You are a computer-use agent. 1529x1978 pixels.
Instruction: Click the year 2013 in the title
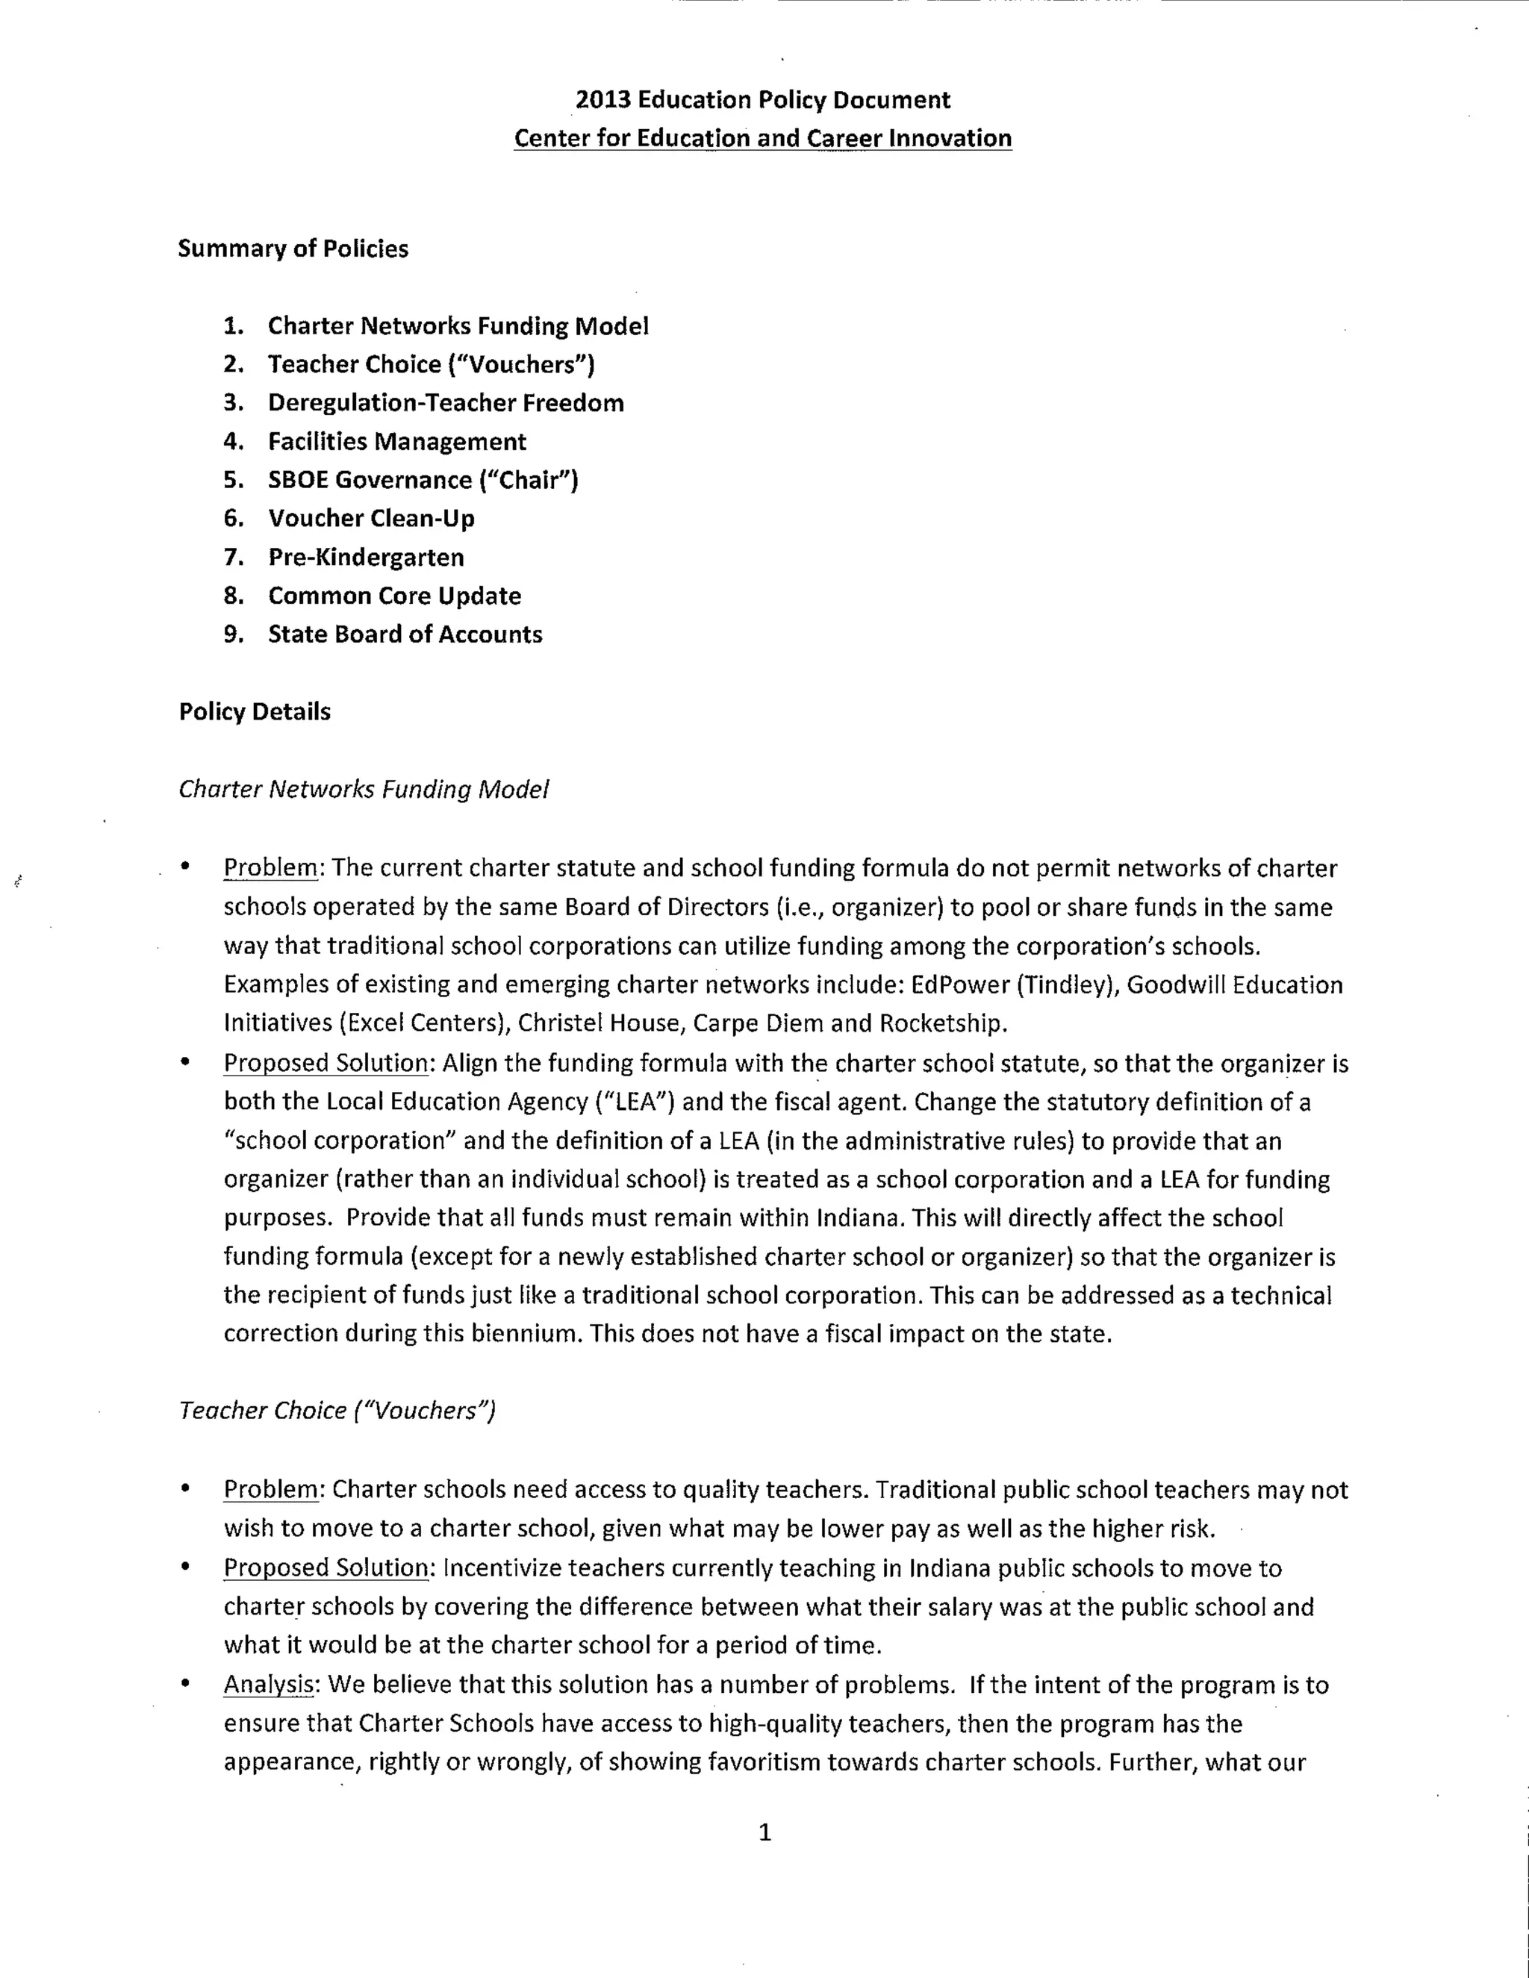pyautogui.click(x=602, y=99)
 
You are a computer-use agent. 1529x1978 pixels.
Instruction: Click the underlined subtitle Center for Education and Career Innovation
pyautogui.click(x=763, y=139)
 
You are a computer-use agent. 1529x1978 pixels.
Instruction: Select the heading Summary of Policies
pyautogui.click(x=293, y=249)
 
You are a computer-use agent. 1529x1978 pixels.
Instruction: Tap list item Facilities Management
pyautogui.click(x=396, y=442)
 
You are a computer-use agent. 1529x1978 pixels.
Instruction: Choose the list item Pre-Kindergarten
pyautogui.click(x=366, y=558)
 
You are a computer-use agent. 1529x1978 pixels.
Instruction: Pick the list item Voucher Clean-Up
pyautogui.click(x=371, y=519)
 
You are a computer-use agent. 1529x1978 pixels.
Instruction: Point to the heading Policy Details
pyautogui.click(x=255, y=712)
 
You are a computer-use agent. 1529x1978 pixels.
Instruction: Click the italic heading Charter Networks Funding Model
pyautogui.click(x=364, y=790)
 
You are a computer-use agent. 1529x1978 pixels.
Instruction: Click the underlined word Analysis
pyautogui.click(x=268, y=1685)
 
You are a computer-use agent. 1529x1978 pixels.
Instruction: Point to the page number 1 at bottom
pyautogui.click(x=764, y=1833)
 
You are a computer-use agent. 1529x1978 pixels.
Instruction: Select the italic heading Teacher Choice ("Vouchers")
pyautogui.click(x=337, y=1411)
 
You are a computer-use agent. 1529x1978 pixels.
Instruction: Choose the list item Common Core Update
pyautogui.click(x=394, y=596)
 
